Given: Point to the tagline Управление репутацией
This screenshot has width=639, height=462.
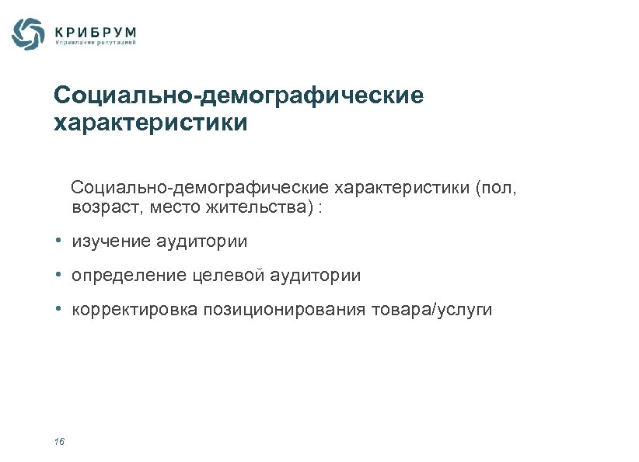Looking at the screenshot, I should (96, 43).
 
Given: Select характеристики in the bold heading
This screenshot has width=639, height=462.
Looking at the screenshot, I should (151, 123).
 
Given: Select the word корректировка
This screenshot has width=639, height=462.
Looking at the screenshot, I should (135, 311).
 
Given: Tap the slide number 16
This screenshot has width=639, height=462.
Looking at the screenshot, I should (59, 442).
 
